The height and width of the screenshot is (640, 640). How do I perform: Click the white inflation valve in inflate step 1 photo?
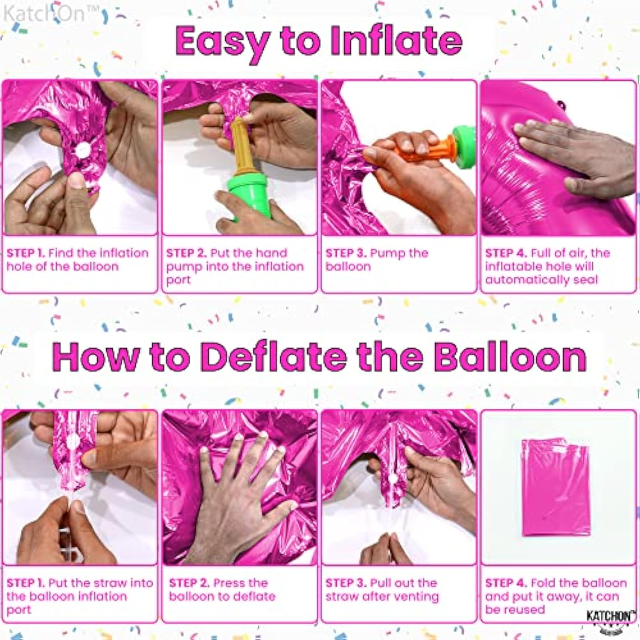[82, 149]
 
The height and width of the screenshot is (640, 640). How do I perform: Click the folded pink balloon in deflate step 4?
[556, 486]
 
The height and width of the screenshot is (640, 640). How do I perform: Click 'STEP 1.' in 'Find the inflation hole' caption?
[26, 253]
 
